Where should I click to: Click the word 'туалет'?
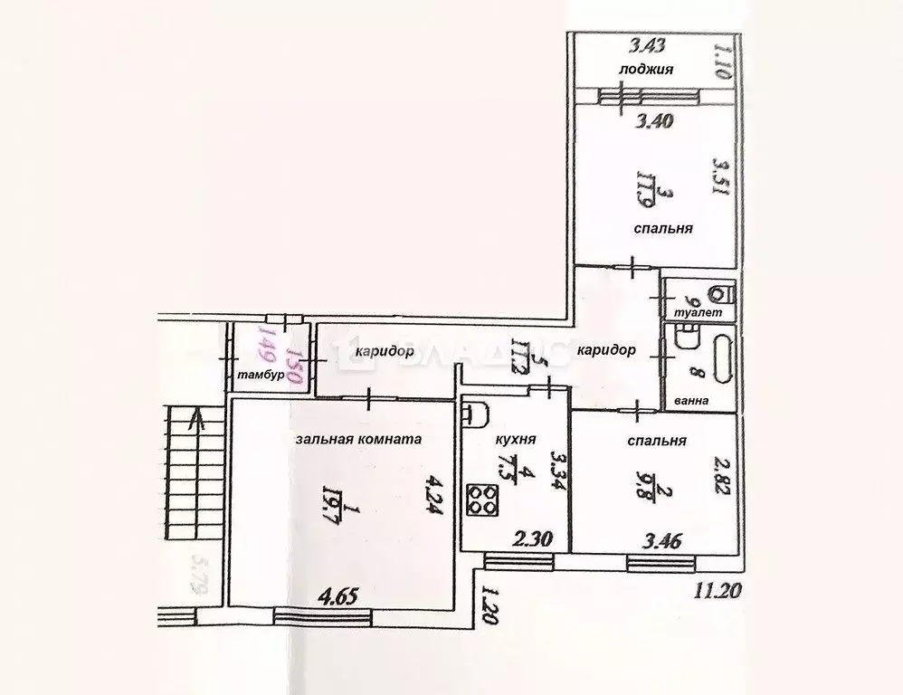click(x=699, y=312)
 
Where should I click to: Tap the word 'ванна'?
click(x=690, y=401)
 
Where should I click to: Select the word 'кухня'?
click(x=517, y=440)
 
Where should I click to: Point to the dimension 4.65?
click(x=338, y=597)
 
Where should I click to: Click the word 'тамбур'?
click(x=261, y=375)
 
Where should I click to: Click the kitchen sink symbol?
click(x=475, y=415)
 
